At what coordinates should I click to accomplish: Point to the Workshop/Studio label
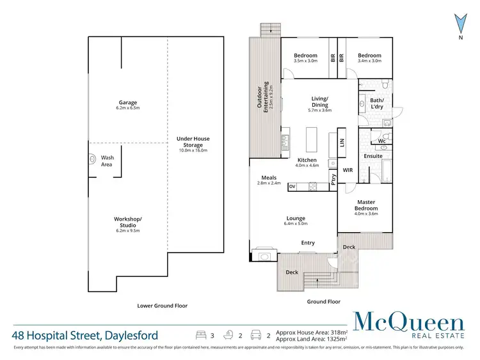click(x=127, y=223)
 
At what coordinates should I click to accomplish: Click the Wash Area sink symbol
click(x=90, y=160)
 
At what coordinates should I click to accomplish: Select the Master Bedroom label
click(x=365, y=206)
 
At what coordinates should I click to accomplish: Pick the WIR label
click(x=348, y=170)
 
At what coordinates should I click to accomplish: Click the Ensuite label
click(x=372, y=156)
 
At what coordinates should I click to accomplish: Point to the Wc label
click(x=381, y=140)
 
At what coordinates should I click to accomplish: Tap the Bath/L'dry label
click(x=377, y=104)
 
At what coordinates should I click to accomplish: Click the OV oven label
click(x=292, y=187)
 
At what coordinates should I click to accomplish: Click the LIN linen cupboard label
click(x=343, y=145)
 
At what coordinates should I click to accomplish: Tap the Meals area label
click(x=268, y=180)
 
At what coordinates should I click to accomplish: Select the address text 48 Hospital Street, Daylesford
click(x=85, y=335)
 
